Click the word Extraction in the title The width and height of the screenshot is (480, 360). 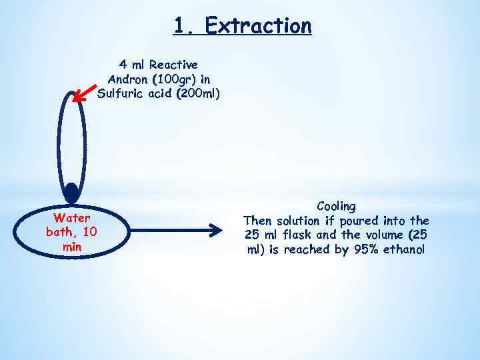coord(258,25)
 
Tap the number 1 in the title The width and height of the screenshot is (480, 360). coord(179,25)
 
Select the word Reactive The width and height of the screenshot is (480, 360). coord(173,65)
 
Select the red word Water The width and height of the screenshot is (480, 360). coord(71,217)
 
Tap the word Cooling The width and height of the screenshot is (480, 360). coord(336,206)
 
